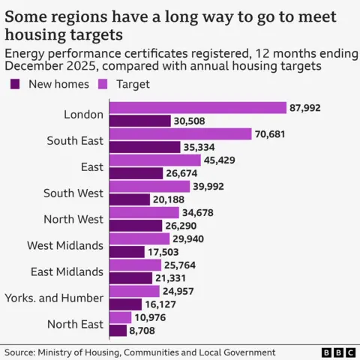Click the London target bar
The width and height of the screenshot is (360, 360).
pyautogui.click(x=197, y=108)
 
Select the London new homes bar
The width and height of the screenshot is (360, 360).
pyautogui.click(x=139, y=121)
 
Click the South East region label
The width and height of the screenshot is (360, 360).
pyautogui.click(x=74, y=140)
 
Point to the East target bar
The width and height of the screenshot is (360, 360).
pyautogui.click(x=154, y=160)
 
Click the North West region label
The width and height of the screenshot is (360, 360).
pyautogui.click(x=73, y=219)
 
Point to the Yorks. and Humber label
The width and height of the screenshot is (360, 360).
pyautogui.click(x=64, y=298)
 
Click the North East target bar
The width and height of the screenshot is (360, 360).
pyautogui.click(x=120, y=318)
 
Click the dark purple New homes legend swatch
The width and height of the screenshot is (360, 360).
pyautogui.click(x=14, y=84)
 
